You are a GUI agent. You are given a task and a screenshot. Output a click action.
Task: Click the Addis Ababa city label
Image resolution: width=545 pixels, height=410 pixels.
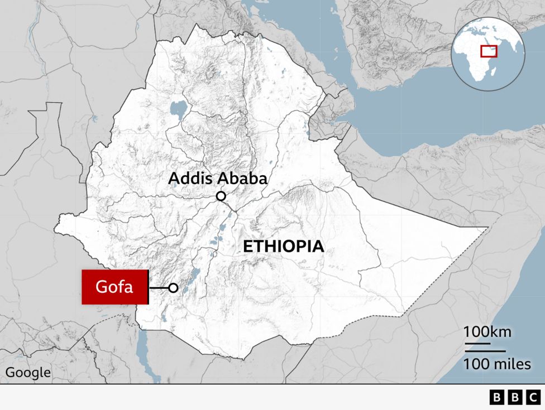218,179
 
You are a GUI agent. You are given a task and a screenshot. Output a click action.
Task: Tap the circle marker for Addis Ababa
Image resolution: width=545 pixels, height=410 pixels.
221,196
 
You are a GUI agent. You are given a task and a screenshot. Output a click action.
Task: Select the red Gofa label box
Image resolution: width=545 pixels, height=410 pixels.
115,287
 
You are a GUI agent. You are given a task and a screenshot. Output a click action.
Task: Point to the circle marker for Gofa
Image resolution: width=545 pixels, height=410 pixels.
174,288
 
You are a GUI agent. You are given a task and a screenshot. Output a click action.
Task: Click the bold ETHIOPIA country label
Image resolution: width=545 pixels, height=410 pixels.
283,247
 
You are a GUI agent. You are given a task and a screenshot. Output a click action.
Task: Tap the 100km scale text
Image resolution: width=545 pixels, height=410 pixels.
487,332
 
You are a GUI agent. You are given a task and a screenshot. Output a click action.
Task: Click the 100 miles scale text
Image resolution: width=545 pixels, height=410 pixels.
497,364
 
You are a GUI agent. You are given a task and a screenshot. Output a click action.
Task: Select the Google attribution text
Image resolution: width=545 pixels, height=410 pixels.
28,373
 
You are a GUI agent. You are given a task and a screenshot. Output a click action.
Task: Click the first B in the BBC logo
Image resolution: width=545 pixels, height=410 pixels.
496,397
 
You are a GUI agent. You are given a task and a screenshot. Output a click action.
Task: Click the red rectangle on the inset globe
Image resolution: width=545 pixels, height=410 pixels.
489,51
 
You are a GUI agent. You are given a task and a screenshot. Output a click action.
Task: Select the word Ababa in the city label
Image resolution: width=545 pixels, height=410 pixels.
243,179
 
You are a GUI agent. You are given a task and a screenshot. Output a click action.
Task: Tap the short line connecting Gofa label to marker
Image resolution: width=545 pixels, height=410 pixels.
159,288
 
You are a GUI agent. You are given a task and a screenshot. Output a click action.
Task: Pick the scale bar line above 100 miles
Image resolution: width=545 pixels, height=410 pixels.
484,351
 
